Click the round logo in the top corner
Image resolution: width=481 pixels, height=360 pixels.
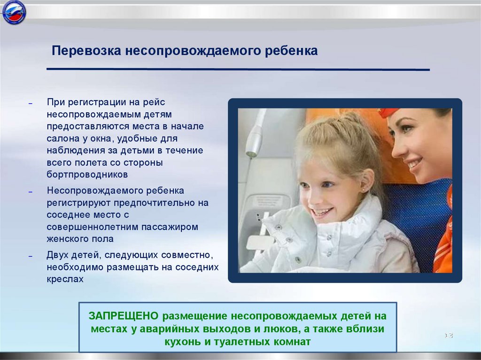click(x=14, y=12)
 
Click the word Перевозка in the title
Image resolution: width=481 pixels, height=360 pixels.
click(x=86, y=51)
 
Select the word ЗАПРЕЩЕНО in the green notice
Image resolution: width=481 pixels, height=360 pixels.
click(x=124, y=316)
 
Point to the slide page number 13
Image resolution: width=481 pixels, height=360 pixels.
click(x=449, y=336)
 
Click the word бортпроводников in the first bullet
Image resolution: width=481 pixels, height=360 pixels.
click(x=87, y=175)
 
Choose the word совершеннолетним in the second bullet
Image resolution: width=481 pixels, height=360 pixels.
click(x=93, y=227)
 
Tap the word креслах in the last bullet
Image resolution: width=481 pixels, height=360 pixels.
click(x=65, y=279)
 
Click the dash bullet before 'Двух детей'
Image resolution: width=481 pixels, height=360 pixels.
click(x=31, y=256)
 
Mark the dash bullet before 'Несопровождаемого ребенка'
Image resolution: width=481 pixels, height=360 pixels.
click(x=31, y=192)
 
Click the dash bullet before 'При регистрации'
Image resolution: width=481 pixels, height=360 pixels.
click(x=31, y=103)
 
